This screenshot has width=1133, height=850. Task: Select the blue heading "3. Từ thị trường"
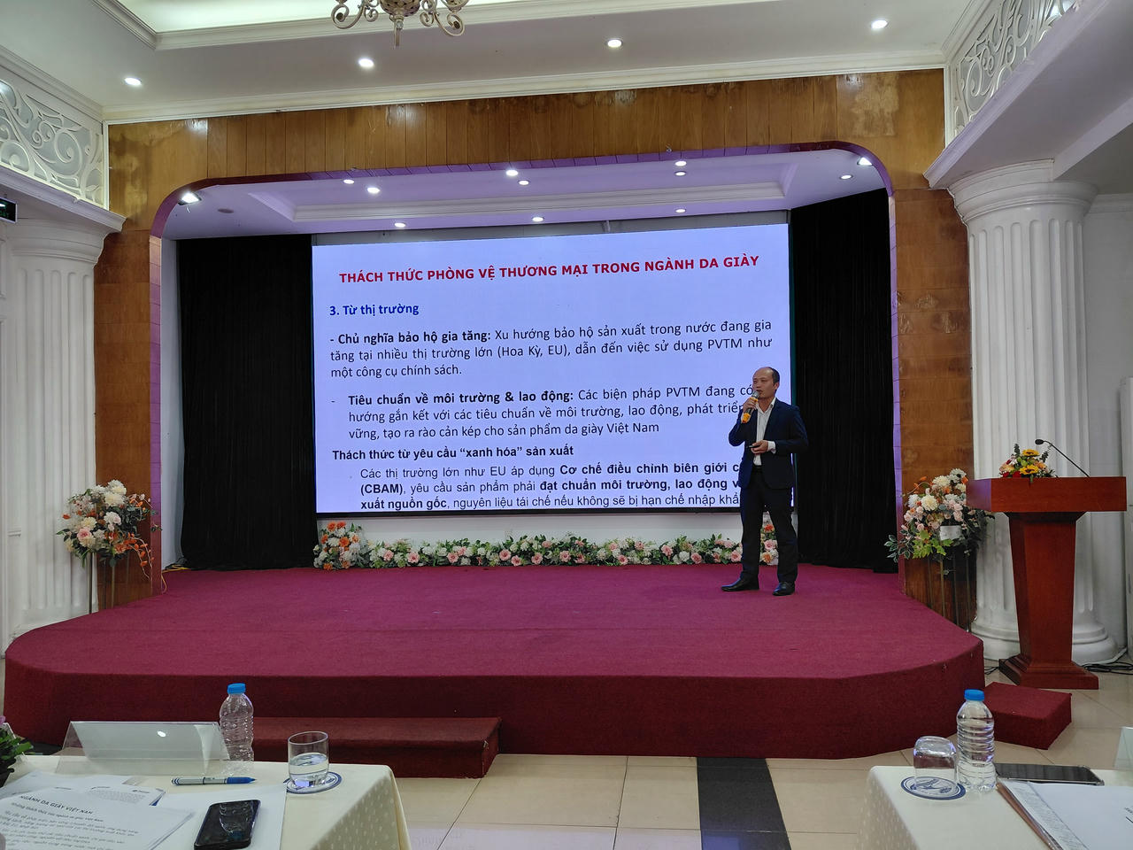[374, 310]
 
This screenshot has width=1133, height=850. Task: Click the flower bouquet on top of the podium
[1028, 463]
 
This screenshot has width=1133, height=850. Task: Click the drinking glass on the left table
[308, 759]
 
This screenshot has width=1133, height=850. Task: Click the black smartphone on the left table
[227, 823]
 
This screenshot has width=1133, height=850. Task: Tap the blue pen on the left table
[213, 780]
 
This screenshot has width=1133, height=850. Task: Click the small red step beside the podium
[1027, 714]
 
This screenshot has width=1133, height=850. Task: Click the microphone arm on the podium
[1063, 456]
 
